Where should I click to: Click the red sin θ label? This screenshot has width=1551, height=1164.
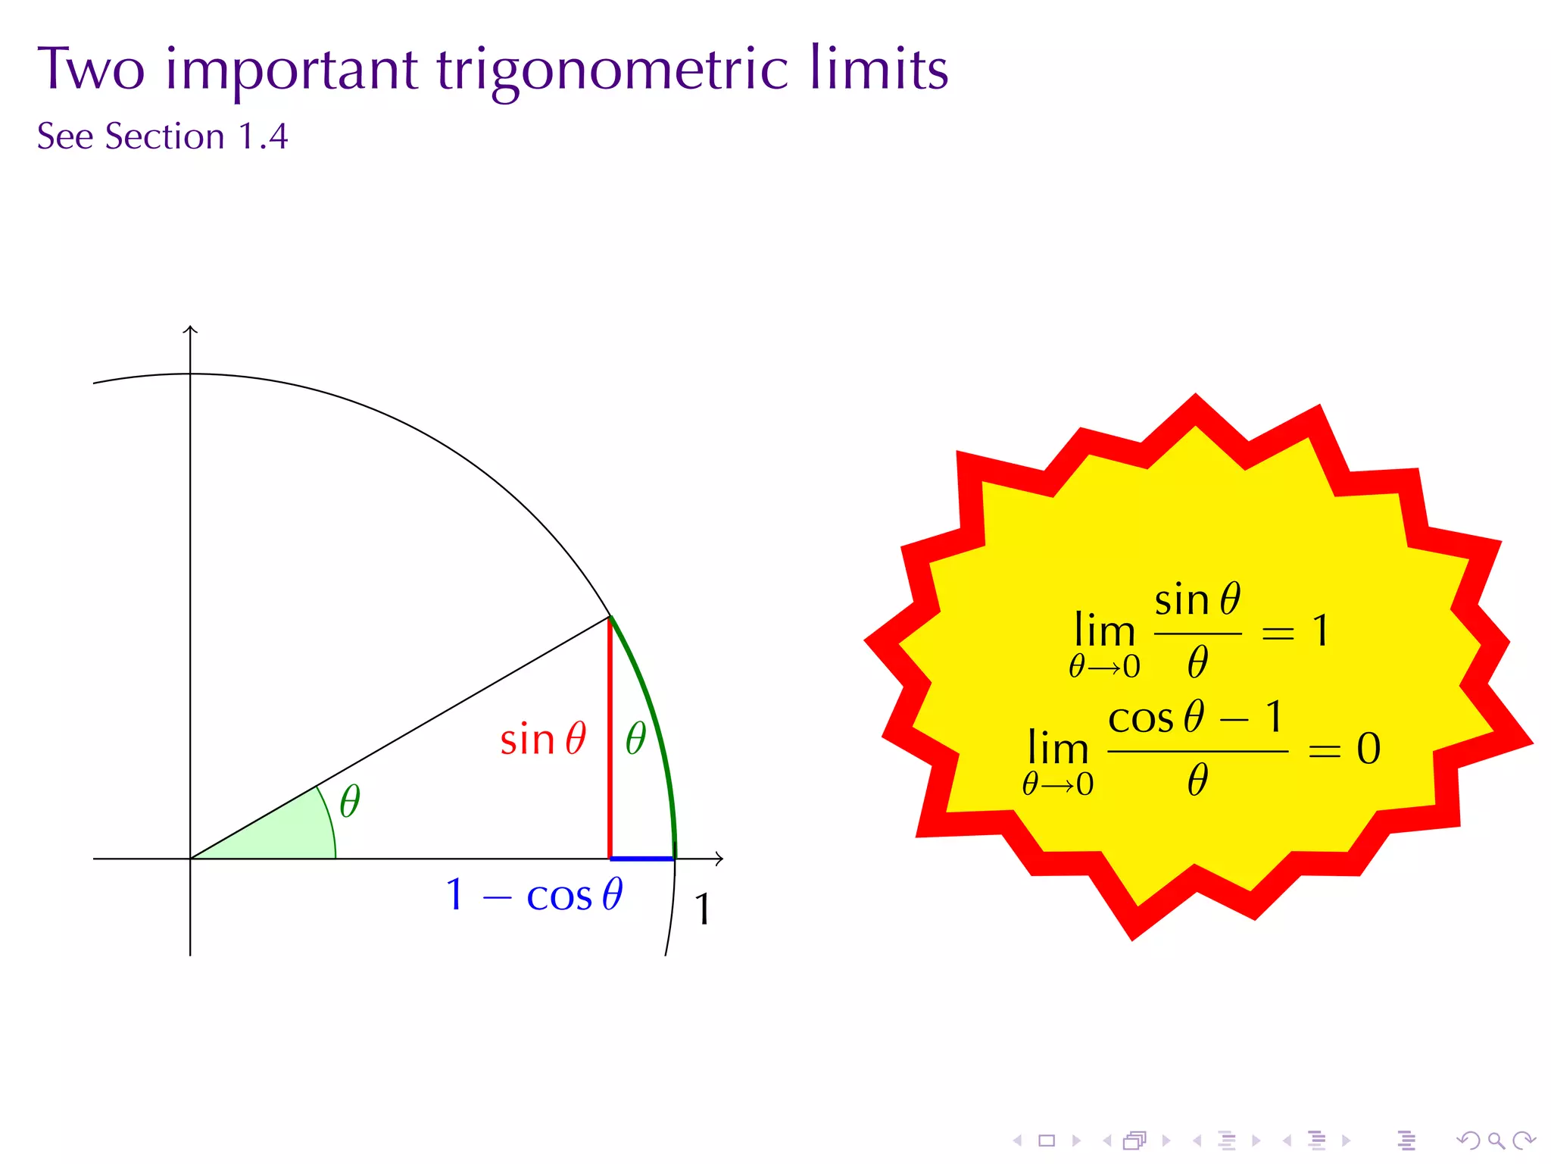point(542,739)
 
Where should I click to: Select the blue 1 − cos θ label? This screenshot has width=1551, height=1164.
point(534,895)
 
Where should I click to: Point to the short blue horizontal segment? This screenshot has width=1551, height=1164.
point(641,859)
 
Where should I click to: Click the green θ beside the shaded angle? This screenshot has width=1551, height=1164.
point(349,801)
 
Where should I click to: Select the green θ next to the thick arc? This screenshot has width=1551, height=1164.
point(635,738)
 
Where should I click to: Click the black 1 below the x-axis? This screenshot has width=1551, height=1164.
point(702,909)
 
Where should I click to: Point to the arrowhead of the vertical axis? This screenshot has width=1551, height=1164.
point(190,330)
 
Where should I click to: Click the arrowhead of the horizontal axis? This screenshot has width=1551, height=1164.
point(719,859)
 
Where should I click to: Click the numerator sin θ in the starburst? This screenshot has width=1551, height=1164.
point(1197,600)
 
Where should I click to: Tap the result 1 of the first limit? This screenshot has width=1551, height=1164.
point(1320,630)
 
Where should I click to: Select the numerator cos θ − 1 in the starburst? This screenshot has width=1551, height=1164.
point(1197,717)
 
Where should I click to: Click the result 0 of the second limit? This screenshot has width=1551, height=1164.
point(1368,749)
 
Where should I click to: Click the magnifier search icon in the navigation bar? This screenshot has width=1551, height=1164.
point(1496,1140)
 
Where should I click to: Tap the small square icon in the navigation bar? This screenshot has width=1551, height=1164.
point(1047,1140)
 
